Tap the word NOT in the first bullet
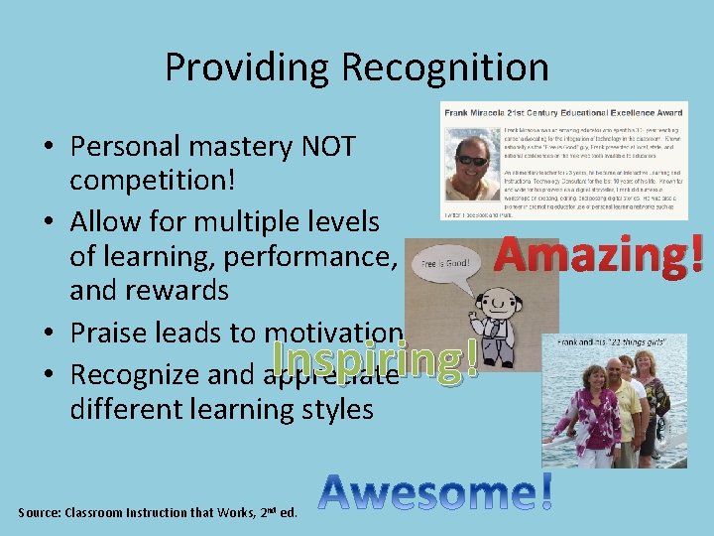point(326,147)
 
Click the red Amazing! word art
point(599,254)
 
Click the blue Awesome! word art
point(436,493)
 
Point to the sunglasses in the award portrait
point(472,160)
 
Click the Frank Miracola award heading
point(565,114)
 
